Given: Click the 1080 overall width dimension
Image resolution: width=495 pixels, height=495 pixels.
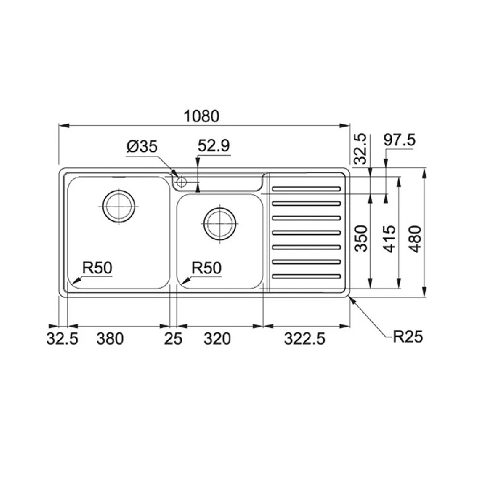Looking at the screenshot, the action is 201,116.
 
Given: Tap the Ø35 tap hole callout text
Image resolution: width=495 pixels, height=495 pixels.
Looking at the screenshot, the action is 142,147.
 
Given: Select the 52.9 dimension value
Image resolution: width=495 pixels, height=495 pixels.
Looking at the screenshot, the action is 214,146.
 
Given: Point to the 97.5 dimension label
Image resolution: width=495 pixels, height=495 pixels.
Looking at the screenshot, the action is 399,140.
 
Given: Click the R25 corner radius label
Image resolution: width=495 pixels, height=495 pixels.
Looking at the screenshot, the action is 408,337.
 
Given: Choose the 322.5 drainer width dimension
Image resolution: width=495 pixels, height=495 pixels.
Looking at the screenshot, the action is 305,339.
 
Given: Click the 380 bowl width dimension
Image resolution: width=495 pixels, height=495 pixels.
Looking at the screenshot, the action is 110,339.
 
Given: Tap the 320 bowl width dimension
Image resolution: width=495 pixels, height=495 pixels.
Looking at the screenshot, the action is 217,339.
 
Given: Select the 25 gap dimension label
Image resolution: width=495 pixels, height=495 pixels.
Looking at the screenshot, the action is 173,339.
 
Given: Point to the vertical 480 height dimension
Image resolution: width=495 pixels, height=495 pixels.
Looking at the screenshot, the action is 415,239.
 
